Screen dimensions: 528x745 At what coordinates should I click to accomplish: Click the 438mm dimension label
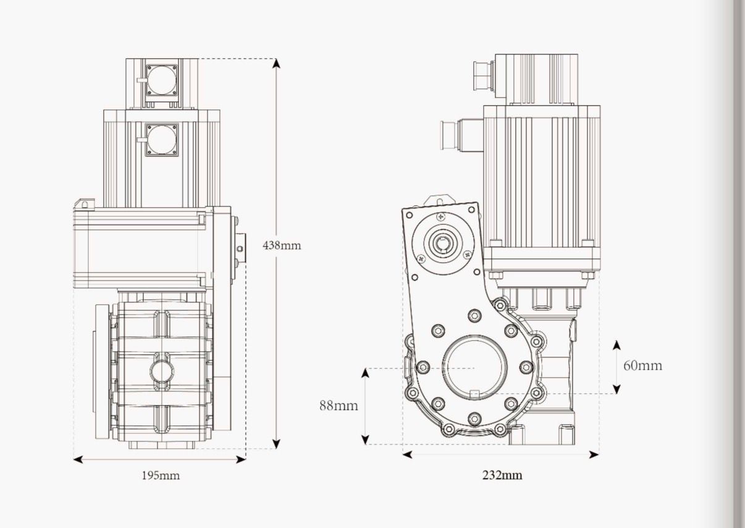(282, 245)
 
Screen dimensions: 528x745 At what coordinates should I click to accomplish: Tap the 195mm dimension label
(161, 475)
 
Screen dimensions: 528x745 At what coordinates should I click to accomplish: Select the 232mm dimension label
(502, 475)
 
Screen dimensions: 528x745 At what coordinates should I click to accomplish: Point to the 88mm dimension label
(339, 406)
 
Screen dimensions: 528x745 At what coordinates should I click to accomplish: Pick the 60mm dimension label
(642, 365)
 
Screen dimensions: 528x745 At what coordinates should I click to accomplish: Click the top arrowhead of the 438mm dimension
(276, 63)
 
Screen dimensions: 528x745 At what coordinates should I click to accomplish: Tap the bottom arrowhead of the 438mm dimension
(276, 443)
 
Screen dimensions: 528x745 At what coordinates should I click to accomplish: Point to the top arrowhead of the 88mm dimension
(365, 372)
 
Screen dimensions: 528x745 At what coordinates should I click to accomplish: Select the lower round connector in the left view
(162, 139)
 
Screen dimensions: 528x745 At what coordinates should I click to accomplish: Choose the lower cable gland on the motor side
(450, 134)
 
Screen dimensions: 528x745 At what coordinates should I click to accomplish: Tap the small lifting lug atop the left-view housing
(85, 203)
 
